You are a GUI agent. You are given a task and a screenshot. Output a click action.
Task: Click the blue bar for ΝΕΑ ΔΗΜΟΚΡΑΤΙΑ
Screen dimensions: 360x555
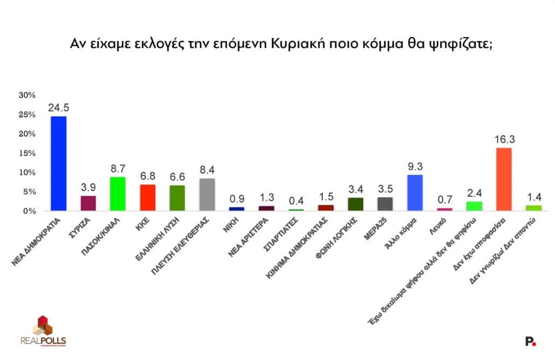tap(58, 163)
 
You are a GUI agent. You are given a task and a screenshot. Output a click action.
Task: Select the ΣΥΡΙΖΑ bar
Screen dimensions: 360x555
tap(88, 203)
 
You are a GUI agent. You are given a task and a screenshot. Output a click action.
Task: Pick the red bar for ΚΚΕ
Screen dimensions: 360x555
tap(147, 197)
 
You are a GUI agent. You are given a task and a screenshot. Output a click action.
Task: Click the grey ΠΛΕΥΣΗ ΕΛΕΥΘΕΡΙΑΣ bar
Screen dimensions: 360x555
tap(207, 195)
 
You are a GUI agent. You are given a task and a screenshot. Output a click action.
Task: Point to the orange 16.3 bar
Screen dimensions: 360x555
tap(503, 179)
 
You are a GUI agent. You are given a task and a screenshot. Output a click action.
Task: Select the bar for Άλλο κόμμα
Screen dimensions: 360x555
tap(414, 192)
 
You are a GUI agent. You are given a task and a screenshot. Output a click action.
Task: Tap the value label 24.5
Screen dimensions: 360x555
tap(58, 108)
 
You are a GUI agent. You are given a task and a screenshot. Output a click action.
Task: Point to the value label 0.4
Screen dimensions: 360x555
tap(296, 200)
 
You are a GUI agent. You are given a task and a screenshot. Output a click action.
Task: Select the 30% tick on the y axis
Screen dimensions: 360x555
tap(27, 95)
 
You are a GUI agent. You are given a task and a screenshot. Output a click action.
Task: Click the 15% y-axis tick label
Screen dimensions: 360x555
tap(27, 153)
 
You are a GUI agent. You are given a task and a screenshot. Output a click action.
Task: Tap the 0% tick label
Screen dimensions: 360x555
tap(29, 211)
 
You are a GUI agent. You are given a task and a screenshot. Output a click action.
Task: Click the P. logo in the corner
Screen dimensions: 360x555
tap(531, 341)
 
